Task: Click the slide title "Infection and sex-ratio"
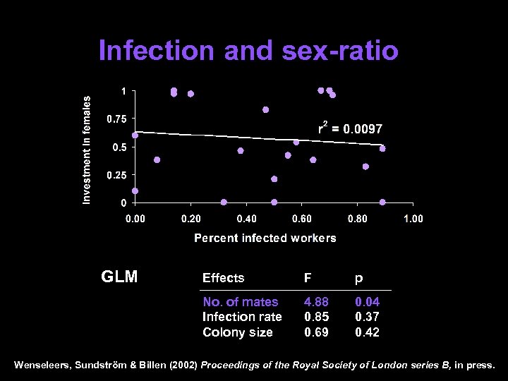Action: click(248, 51)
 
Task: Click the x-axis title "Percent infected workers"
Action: click(265, 238)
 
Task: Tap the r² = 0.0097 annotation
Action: click(350, 129)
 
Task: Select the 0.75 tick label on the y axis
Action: click(116, 119)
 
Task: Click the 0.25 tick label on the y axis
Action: click(116, 175)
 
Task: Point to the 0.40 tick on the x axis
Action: click(246, 219)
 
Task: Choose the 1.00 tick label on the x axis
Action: click(413, 219)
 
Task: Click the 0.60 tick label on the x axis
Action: click(302, 219)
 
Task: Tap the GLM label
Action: click(120, 277)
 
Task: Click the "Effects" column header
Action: click(223, 278)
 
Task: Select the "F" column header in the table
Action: click(308, 278)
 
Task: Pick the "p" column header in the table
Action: click(358, 279)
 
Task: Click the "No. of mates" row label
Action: click(240, 302)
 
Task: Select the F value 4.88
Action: click(316, 302)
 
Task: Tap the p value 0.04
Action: click(367, 302)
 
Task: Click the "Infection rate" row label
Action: click(242, 317)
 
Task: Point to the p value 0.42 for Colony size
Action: click(367, 332)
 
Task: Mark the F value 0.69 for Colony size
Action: click(316, 332)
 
